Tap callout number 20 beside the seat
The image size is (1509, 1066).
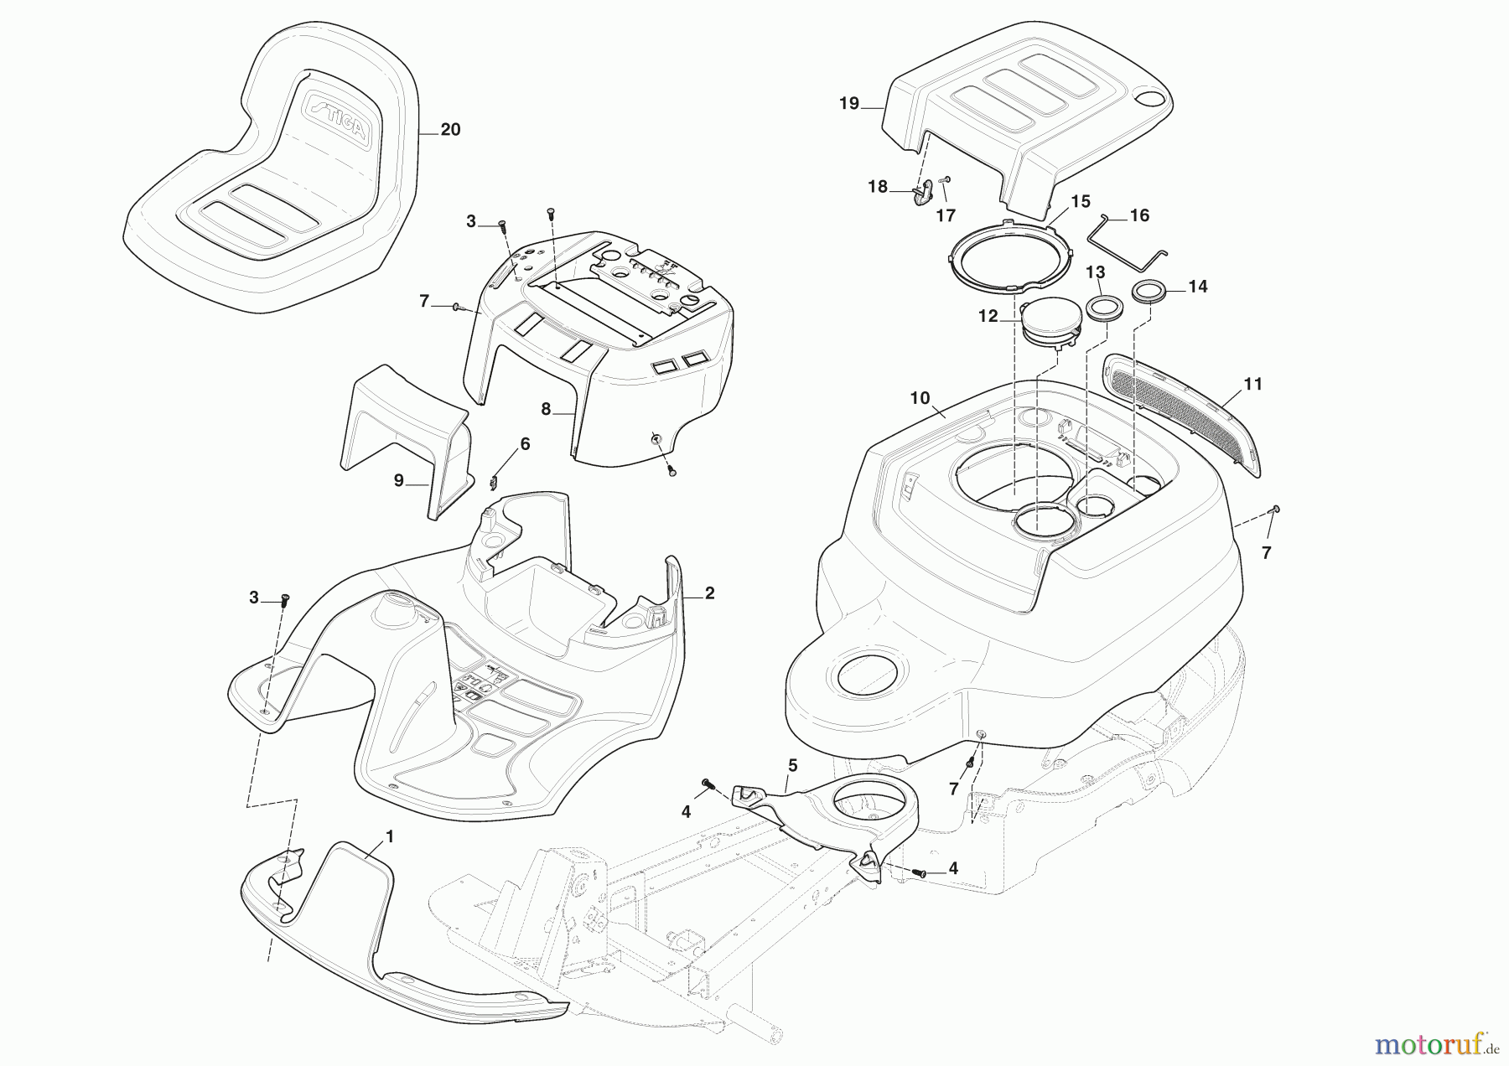tap(450, 130)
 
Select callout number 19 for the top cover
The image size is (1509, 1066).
tap(849, 104)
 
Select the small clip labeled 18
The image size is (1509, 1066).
tap(921, 193)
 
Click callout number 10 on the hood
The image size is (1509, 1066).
tap(920, 398)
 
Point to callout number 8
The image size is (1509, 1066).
tap(546, 409)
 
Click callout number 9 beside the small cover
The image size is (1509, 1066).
tap(399, 480)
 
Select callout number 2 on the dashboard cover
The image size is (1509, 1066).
tap(709, 593)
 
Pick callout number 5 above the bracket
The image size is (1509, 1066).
tap(792, 765)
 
